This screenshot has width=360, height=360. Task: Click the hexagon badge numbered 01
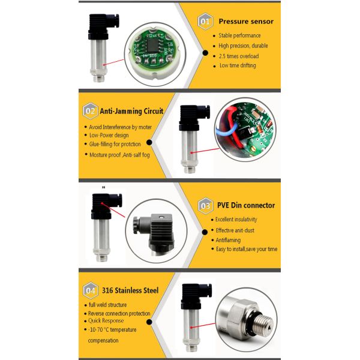point(205,22)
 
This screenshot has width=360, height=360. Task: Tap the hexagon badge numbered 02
point(90,111)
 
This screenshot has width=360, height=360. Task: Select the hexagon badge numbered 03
point(205,206)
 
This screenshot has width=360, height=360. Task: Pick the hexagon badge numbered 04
point(91,290)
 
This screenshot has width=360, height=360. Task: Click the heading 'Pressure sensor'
point(246,22)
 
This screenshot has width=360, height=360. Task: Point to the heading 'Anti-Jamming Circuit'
point(131,111)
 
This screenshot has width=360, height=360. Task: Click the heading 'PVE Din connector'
point(246,205)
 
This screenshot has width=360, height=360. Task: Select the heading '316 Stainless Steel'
point(130,290)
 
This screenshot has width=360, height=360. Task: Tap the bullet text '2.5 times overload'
point(239,56)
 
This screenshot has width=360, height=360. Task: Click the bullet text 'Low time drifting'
point(238,65)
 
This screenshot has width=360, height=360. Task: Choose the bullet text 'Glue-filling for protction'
point(115,144)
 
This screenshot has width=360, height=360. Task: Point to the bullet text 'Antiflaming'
point(228,240)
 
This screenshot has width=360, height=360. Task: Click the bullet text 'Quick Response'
point(106,320)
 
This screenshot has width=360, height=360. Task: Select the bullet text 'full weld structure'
point(107,305)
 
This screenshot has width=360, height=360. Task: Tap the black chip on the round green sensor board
point(152,45)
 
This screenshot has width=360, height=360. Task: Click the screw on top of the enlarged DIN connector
point(161,217)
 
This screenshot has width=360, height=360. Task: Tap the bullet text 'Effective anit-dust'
point(235,230)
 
